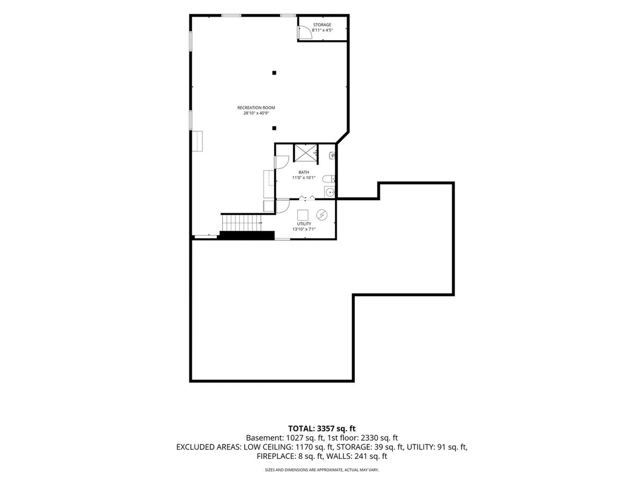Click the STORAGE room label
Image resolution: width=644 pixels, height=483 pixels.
click(x=322, y=25)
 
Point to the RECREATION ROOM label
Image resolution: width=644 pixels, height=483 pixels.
click(x=256, y=108)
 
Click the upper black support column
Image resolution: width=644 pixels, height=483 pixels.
click(x=274, y=73)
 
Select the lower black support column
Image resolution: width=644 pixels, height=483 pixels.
click(x=274, y=128)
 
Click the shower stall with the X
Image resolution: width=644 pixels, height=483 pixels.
click(x=305, y=153)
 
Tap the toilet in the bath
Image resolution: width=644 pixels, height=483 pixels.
click(x=328, y=178)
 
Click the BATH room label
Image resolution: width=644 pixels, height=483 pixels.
click(x=304, y=172)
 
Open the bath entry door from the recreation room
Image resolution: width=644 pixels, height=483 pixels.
click(x=282, y=162)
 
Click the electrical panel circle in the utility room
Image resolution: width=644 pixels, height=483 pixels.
click(x=321, y=215)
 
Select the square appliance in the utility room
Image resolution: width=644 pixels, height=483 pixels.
click(x=303, y=215)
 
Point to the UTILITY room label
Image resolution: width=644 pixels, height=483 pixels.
click(x=304, y=224)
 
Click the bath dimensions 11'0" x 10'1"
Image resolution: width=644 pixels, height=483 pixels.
click(x=304, y=178)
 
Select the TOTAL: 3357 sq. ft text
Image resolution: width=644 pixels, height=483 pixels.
click(x=322, y=428)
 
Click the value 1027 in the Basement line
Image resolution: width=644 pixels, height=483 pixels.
click(x=295, y=438)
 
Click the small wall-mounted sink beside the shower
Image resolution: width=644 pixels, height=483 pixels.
click(x=332, y=156)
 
